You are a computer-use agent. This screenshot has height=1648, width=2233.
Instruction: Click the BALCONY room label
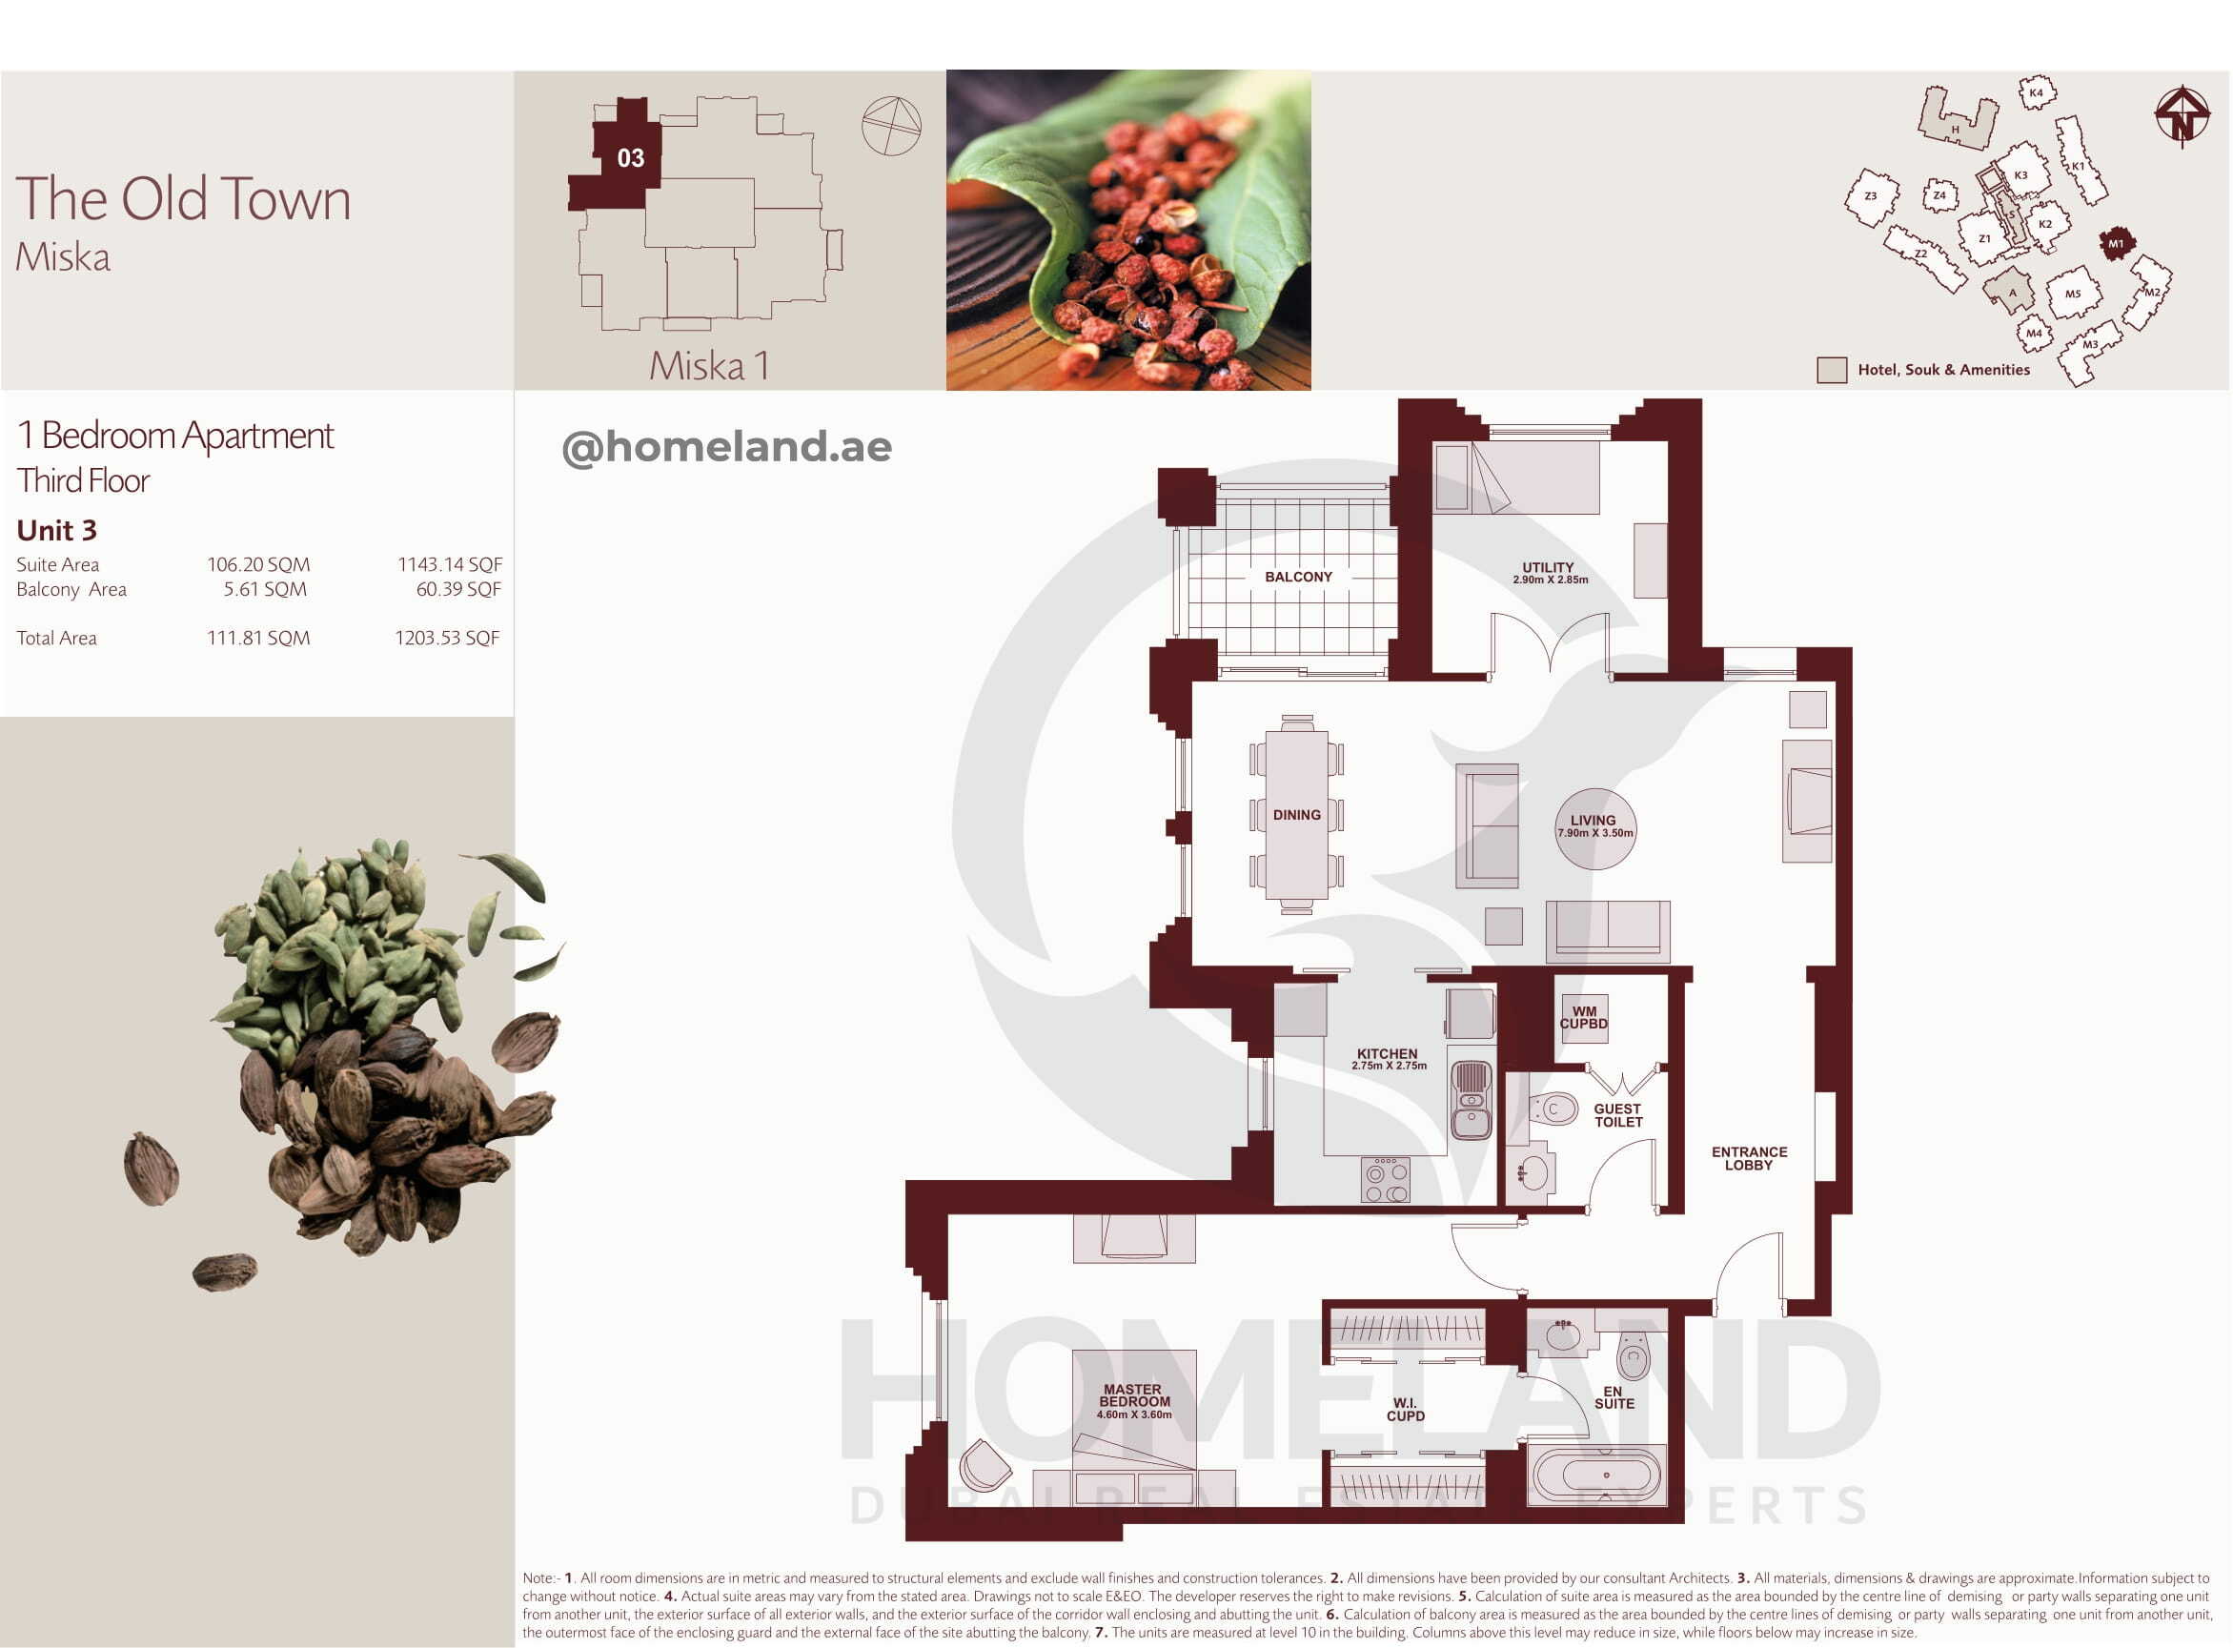pos(1297,577)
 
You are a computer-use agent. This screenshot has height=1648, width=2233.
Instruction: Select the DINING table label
pos(1296,815)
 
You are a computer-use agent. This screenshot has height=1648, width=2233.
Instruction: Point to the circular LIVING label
pos(1594,828)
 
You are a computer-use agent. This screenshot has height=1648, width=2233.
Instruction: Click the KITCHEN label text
pos(1387,1053)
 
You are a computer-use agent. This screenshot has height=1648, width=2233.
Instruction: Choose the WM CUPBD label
pos(1584,1018)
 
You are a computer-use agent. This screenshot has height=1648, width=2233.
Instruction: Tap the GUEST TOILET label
pos(1617,1115)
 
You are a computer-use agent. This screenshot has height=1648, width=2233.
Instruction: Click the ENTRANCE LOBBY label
pos(1749,1158)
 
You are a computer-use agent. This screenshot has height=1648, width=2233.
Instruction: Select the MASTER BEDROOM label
pos(1134,1394)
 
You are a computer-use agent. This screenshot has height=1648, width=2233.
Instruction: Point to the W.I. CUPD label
pos(1405,1410)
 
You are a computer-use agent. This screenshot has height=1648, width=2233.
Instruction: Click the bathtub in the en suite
pos(1597,1475)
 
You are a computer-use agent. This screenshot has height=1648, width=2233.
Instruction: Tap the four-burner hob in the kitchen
pos(1386,1179)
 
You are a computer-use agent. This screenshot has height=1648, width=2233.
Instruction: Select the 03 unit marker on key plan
pos(630,157)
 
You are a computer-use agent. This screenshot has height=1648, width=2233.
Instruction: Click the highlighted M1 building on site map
pos(2116,243)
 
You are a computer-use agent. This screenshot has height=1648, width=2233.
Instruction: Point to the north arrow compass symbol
pos(2182,115)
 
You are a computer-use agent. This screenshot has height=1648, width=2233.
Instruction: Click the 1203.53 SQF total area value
pos(447,638)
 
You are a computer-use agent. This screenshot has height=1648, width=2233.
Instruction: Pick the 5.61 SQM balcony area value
pos(265,589)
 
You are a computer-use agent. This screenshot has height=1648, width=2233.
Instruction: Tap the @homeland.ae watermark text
pos(727,447)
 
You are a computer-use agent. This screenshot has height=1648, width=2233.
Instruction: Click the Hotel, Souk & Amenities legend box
pos(1831,370)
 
